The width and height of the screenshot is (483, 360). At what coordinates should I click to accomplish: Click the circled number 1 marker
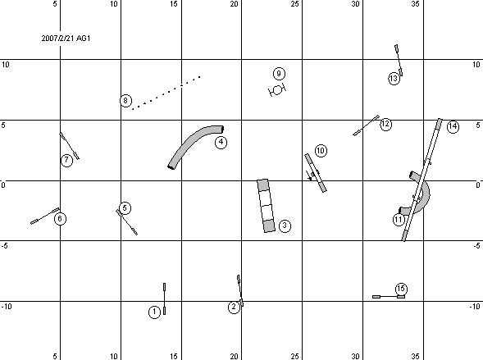coord(154,312)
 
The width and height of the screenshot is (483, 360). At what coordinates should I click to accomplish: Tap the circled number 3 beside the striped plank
coord(285,226)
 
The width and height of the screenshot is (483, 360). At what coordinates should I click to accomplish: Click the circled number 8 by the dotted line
coord(125,100)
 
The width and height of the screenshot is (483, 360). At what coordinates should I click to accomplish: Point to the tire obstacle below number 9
coord(277,89)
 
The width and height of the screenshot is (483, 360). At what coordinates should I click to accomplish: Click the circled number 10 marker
coord(321,151)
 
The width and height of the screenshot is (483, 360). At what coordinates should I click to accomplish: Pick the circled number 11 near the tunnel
coord(399,220)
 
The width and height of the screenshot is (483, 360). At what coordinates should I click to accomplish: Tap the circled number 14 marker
coord(453,126)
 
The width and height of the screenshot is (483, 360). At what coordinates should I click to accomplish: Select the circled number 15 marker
coord(401,289)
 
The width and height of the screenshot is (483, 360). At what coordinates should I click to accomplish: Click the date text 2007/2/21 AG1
coord(66,39)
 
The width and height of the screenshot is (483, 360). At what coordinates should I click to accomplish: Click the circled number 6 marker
coord(60,219)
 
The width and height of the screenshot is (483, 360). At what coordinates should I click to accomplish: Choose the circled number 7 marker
coord(66,160)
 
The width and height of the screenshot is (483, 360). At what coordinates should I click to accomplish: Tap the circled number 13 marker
coord(394,79)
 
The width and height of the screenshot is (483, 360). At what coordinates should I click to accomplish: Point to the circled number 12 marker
coord(385,124)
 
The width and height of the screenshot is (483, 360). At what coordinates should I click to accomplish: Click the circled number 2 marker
coord(234,307)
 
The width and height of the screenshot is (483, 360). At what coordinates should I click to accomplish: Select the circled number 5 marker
coord(125,207)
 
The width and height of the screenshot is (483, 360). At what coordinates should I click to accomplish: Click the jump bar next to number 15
coord(389,297)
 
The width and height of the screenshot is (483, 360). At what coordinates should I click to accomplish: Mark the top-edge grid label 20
coord(234,4)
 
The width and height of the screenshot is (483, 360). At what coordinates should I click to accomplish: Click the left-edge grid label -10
coord(7,307)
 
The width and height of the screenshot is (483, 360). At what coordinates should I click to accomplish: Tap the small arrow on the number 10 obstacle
coord(309,175)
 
